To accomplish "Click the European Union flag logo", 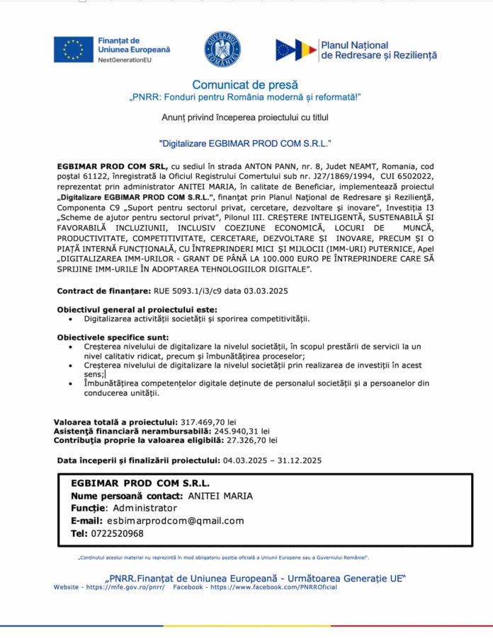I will pos(74,50).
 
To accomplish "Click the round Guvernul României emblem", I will pos(222,50).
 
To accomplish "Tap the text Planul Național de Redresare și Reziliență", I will pos(378,50).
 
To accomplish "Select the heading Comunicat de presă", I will pos(245,85).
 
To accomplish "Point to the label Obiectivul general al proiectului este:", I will pos(137,310).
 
